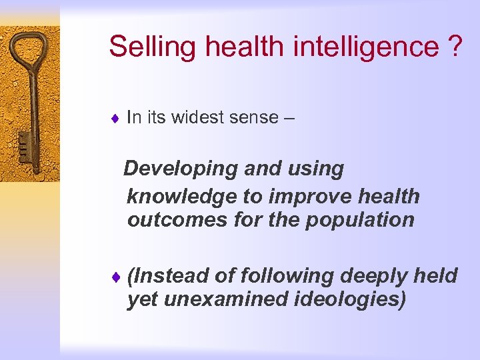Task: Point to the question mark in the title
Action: coord(454,47)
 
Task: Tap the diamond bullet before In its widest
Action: coord(115,119)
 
